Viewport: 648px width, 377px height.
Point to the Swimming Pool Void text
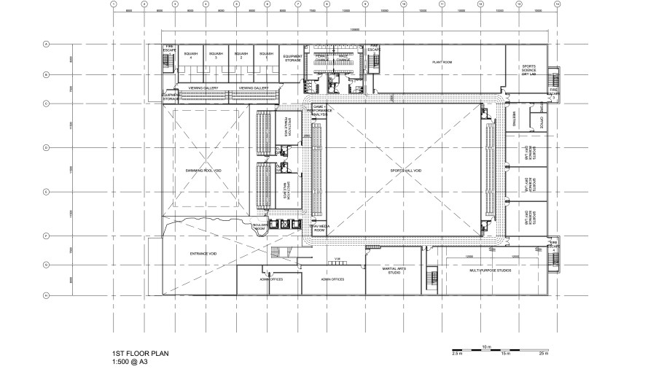click(203, 170)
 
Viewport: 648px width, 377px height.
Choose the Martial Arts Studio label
click(394, 271)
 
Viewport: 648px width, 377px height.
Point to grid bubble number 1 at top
click(114, 4)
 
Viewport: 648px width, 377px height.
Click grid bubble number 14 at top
click(557, 4)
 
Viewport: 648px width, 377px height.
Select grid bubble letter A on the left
click(46, 44)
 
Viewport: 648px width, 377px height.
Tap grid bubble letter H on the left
click(46, 295)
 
